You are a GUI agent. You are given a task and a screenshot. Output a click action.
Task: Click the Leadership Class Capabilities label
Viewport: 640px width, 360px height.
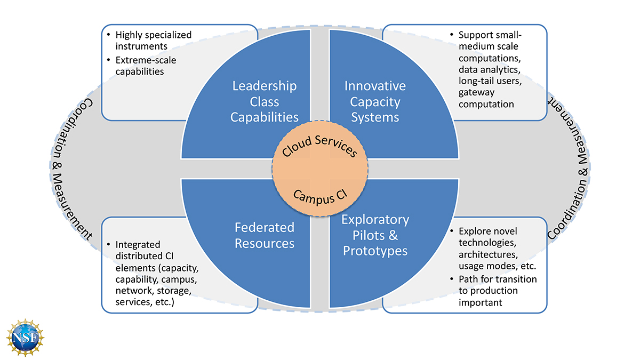tap(264, 101)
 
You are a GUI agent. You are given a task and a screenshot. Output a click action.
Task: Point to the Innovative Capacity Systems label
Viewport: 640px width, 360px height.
tap(375, 101)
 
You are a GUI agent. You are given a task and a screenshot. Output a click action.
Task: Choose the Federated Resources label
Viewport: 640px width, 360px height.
tap(265, 235)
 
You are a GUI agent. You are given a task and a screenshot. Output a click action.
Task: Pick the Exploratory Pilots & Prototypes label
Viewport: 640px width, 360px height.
tap(375, 235)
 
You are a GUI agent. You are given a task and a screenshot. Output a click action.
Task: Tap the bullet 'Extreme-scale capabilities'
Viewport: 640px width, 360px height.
tap(146, 66)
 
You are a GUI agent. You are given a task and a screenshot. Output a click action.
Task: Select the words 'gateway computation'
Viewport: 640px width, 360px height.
tap(486, 98)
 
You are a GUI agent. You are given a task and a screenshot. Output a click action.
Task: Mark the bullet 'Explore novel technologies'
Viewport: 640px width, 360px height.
tap(487, 237)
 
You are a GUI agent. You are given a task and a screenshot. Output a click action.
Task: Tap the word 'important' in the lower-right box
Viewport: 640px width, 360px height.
tap(479, 302)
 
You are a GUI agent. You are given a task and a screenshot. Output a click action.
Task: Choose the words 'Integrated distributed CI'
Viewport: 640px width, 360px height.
tap(141, 250)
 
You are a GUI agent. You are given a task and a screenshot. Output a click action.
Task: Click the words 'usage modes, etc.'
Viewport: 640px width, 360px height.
tap(497, 266)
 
